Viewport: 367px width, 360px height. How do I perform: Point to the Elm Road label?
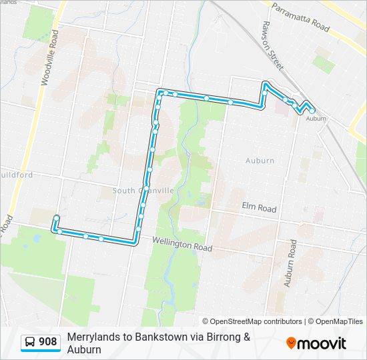tap(259, 209)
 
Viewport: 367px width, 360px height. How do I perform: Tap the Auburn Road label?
tap(291, 263)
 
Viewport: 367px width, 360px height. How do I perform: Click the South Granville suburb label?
tap(143, 191)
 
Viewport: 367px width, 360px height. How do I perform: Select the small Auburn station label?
tap(316, 119)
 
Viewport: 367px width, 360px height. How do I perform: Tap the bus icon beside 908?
tap(30, 343)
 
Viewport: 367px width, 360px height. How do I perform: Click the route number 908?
tap(48, 343)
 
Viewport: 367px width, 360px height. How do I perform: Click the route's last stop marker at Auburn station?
tap(312, 110)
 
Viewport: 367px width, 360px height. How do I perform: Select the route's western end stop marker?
tap(56, 218)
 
